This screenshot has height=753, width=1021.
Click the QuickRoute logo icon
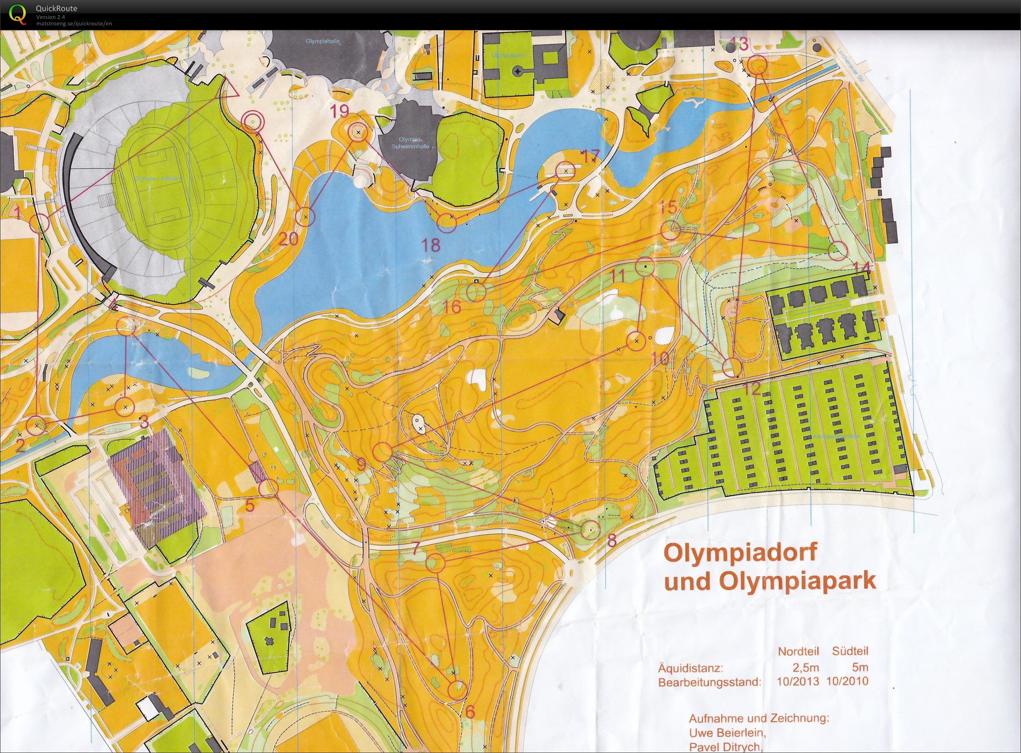point(17,13)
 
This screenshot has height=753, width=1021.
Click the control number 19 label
point(340,111)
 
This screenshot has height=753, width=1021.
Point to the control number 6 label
point(469,712)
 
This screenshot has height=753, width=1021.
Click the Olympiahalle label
point(322,41)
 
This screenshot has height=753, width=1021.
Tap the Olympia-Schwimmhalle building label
point(411,143)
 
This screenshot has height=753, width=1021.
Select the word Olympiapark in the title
point(797,581)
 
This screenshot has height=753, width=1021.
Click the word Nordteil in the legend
point(798,651)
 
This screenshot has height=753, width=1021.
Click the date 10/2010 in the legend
point(847,681)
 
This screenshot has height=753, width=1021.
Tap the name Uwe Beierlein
point(728,732)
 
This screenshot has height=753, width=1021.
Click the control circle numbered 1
point(39,223)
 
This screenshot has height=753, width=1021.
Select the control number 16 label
point(452,307)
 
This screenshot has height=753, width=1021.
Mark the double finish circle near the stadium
point(253,122)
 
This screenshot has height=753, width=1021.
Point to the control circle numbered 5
point(268,488)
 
